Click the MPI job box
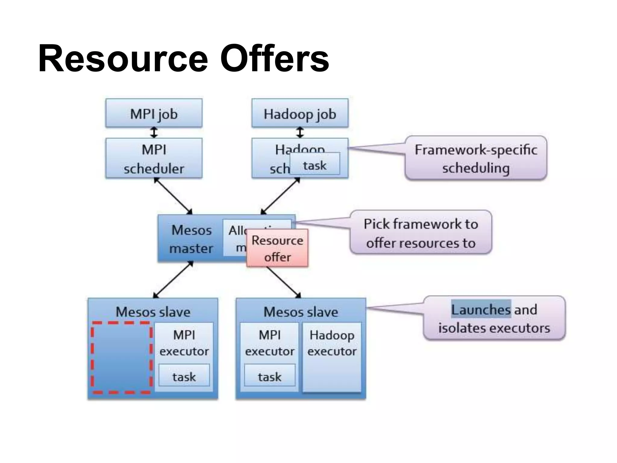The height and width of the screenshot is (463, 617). click(x=154, y=113)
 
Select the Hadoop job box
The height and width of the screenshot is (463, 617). click(x=300, y=113)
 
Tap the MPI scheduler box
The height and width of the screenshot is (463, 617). click(x=154, y=158)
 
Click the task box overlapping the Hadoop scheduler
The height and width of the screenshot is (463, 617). click(x=315, y=164)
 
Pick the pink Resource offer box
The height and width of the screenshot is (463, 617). click(x=277, y=248)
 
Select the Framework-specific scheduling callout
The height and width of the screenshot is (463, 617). click(x=476, y=158)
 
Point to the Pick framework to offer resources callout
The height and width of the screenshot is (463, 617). click(x=421, y=233)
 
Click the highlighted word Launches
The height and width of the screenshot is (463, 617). click(x=481, y=309)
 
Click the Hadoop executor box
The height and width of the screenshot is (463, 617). click(x=332, y=357)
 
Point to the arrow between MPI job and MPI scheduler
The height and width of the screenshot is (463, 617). click(x=154, y=132)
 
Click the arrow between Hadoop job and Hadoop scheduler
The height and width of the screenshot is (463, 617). click(x=300, y=132)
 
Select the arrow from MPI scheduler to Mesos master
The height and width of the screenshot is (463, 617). click(x=173, y=196)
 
